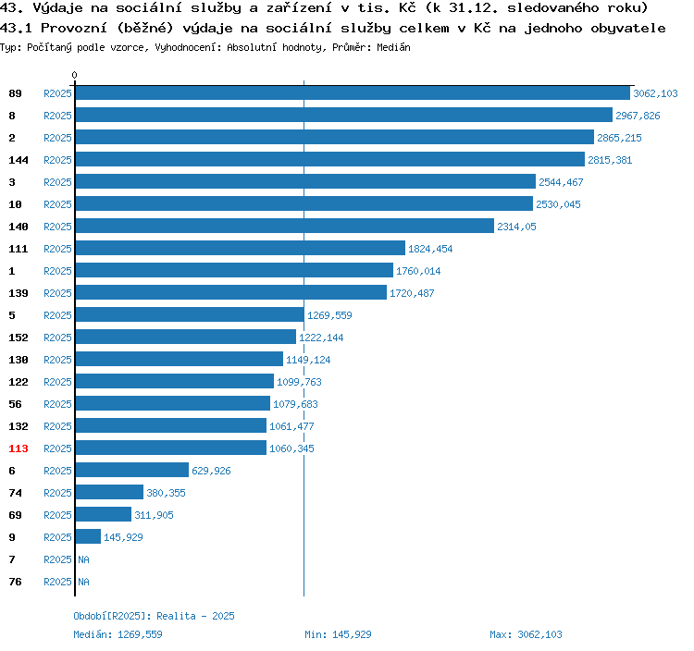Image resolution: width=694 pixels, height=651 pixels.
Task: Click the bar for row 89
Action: tap(353, 92)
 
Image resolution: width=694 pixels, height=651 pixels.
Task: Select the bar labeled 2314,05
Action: tap(285, 226)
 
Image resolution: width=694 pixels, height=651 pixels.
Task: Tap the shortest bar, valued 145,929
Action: tap(88, 536)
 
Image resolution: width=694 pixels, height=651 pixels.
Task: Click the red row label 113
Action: tap(19, 448)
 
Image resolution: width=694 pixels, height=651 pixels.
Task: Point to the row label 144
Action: tap(19, 160)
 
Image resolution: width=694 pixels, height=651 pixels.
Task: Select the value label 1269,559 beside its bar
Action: tap(329, 315)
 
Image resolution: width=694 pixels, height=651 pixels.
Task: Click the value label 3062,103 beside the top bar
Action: tap(655, 93)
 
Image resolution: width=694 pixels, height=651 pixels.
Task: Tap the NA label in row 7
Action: tap(83, 559)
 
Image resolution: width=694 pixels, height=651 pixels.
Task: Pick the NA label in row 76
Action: tap(83, 582)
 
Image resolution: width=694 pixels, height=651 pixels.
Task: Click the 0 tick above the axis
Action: tap(74, 75)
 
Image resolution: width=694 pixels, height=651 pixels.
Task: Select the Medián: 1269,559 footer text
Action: tap(118, 634)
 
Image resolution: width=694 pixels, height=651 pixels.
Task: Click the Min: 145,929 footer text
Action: tap(338, 634)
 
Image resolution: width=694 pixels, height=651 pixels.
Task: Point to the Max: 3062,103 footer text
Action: tap(526, 634)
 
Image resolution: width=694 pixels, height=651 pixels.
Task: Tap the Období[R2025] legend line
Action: tap(154, 616)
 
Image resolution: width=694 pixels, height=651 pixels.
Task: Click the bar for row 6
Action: tap(132, 470)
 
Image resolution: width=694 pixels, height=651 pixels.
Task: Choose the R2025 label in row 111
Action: tap(57, 249)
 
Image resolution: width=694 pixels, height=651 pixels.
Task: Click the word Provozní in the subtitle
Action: tap(74, 29)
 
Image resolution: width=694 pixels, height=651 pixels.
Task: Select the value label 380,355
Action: tap(166, 493)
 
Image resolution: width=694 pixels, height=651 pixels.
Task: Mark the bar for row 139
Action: tap(231, 292)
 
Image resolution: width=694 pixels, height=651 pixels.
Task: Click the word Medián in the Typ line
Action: tap(393, 47)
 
